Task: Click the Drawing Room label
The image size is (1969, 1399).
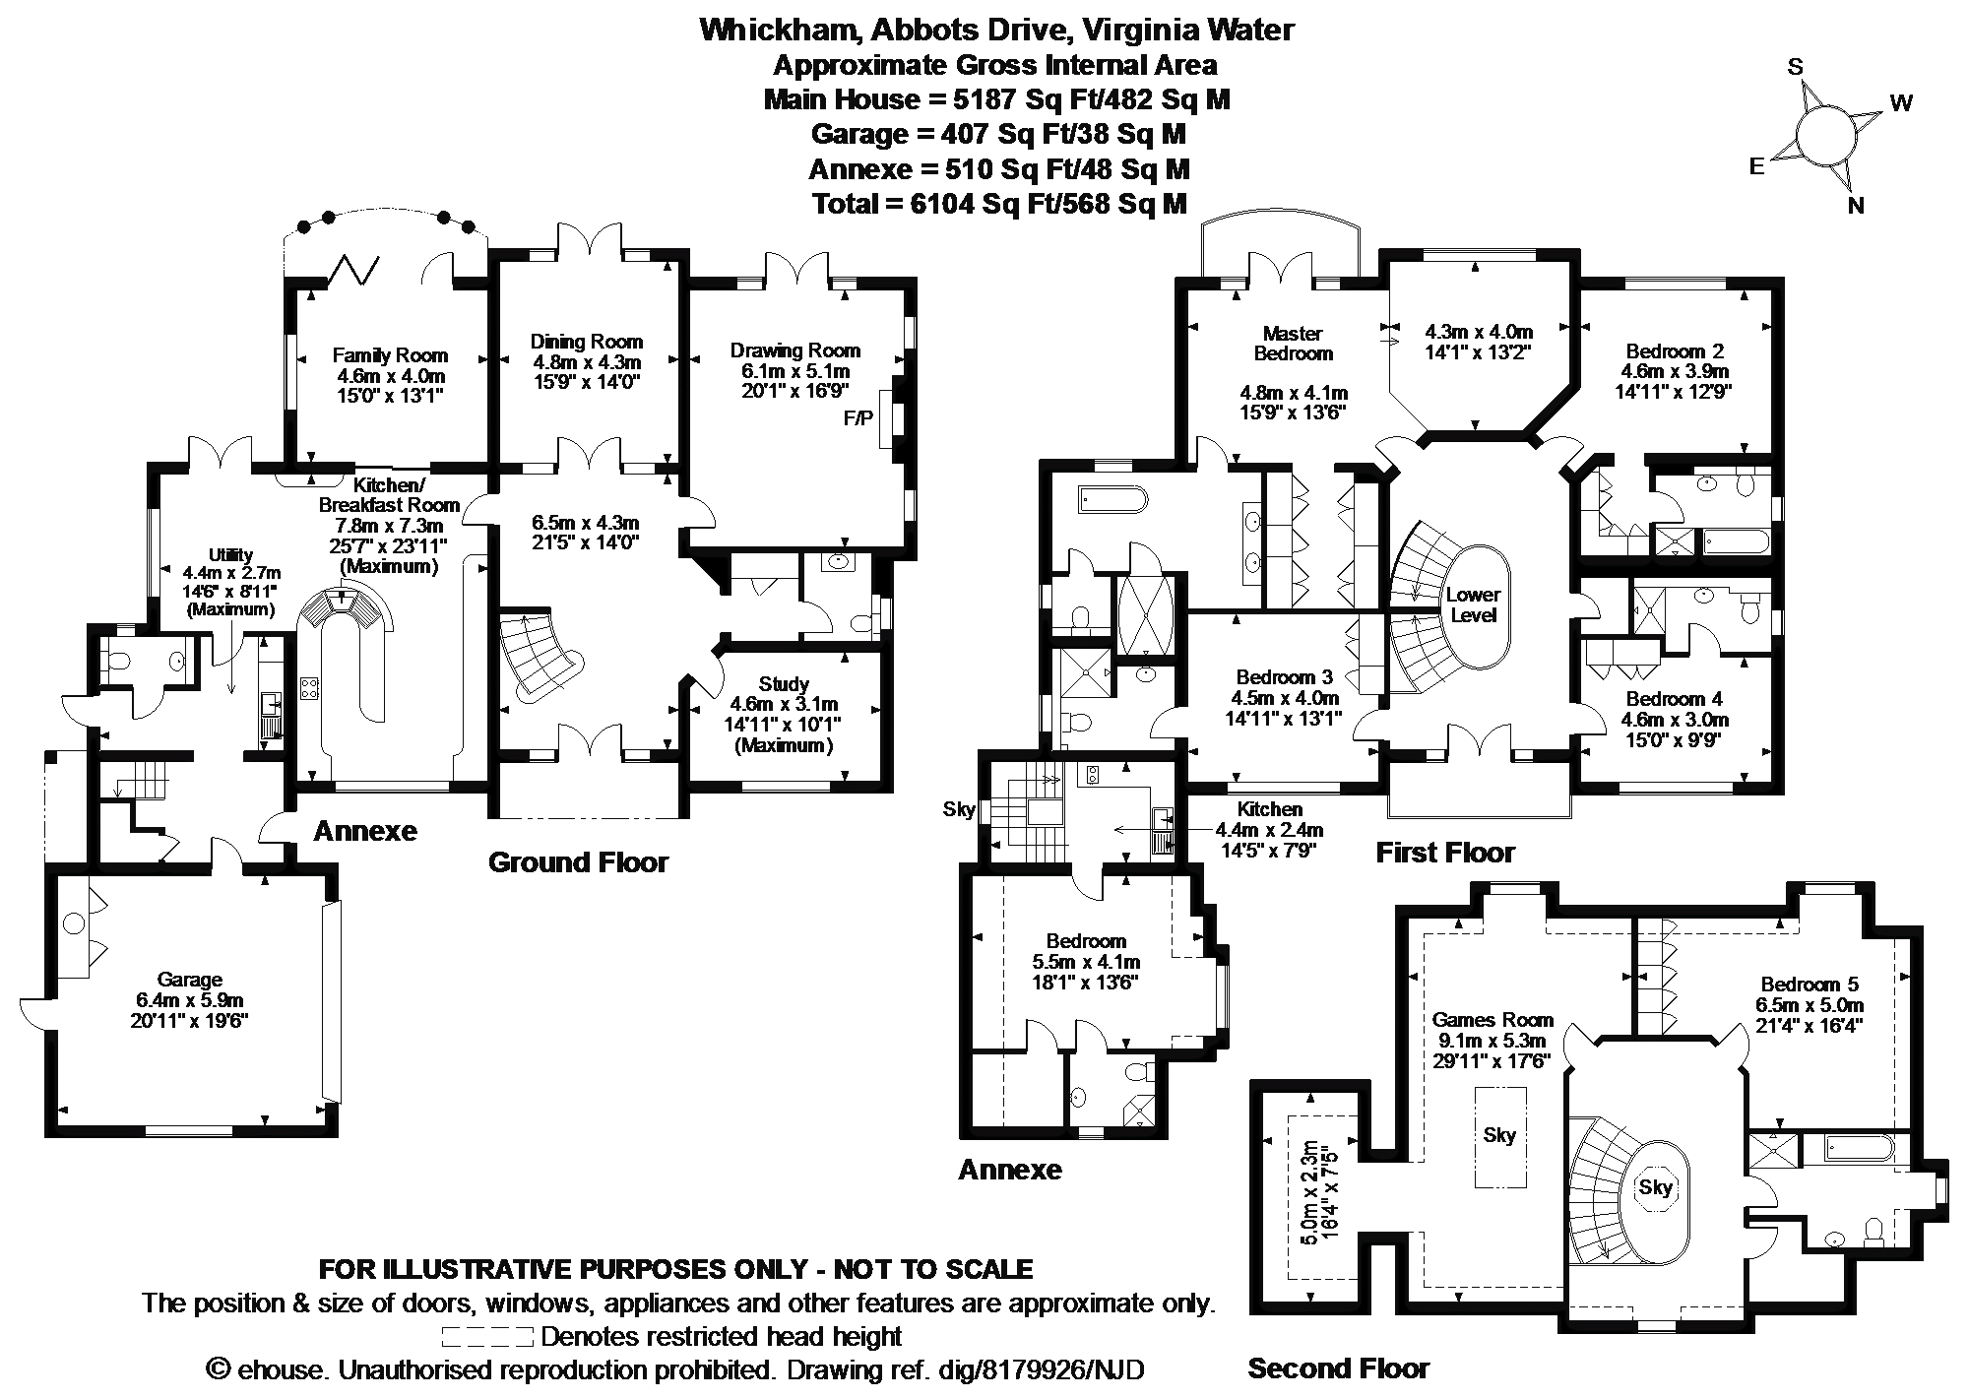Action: point(794,350)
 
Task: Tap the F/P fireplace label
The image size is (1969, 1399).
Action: point(857,418)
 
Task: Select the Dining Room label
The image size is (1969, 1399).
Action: point(586,342)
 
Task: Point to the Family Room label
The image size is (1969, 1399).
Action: point(390,355)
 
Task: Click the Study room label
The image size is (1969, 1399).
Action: point(784,683)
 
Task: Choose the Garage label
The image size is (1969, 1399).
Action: point(189,980)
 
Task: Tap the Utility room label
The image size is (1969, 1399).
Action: point(230,555)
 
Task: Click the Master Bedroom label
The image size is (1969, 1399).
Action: point(1293,343)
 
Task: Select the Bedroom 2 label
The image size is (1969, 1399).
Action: point(1675,351)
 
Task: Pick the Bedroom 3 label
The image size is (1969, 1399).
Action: point(1284,677)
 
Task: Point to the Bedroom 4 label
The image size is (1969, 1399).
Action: point(1675,699)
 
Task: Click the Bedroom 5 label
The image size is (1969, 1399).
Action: point(1810,985)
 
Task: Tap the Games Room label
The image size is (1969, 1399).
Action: point(1493,1020)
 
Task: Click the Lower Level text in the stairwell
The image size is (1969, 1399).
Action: point(1473,604)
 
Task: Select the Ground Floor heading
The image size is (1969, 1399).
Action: point(578,862)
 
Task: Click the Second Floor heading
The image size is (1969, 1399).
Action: point(1338,1367)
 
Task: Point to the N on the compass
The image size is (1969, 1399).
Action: point(1856,206)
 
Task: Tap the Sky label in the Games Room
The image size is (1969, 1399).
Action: point(1499,1135)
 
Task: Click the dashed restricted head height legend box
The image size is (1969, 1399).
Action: point(487,1337)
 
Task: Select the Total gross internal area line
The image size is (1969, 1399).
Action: point(999,204)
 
